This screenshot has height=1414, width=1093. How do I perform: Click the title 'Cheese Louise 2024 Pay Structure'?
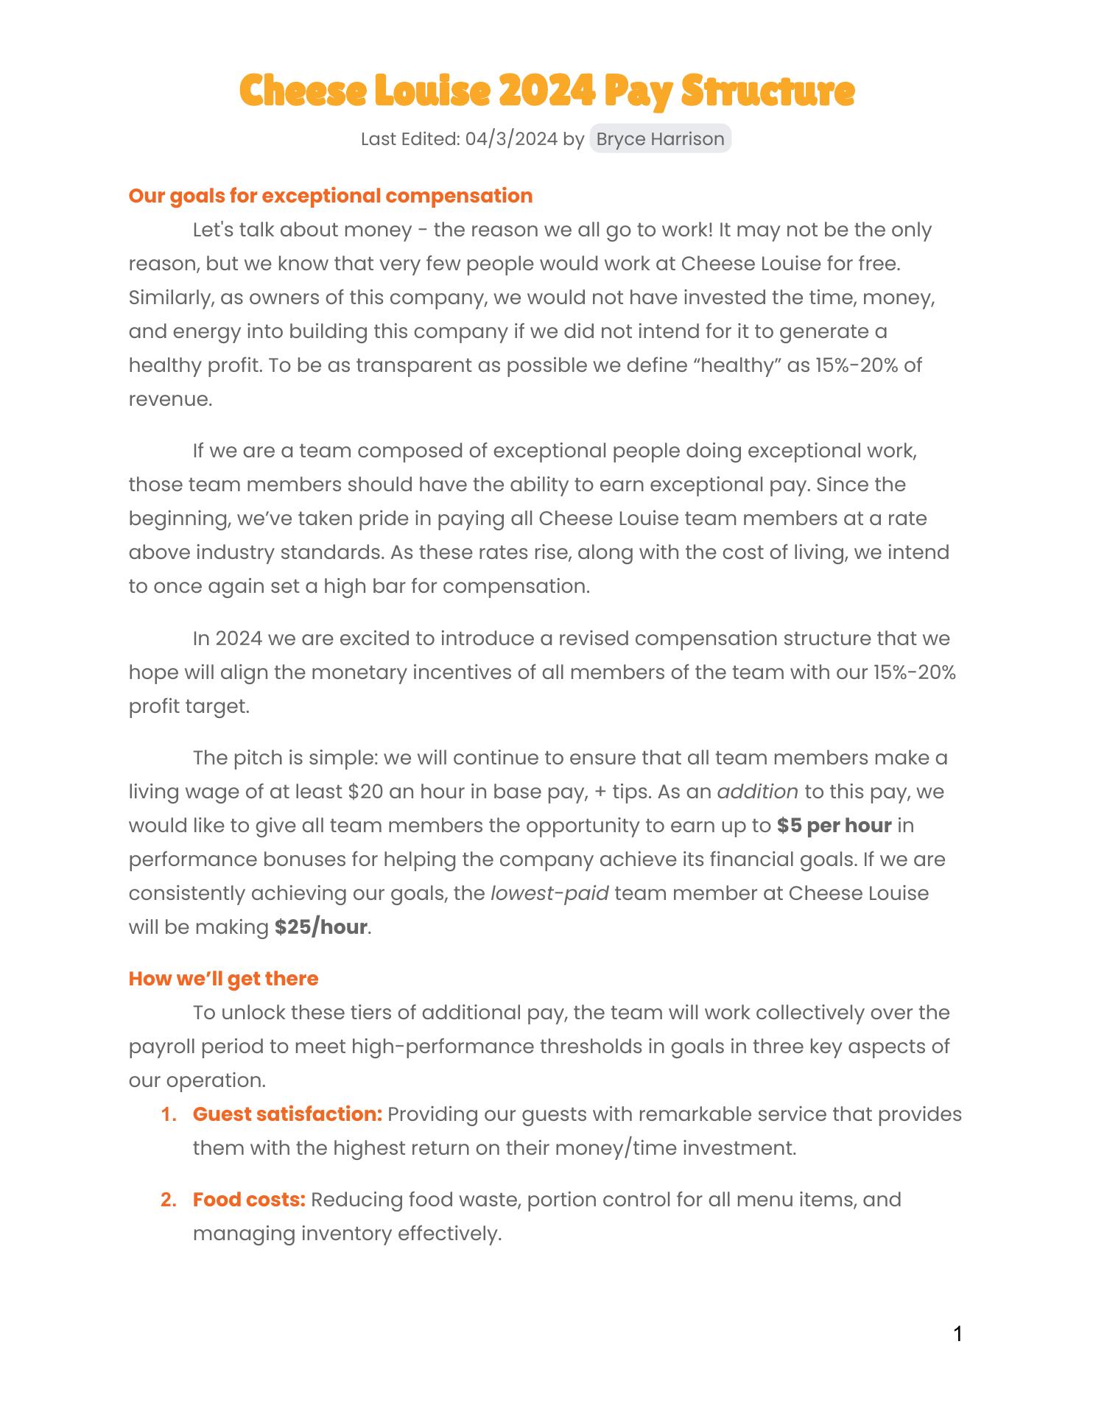pos(546,91)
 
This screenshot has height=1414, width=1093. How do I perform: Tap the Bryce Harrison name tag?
pos(660,139)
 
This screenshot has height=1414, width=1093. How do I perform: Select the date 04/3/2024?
pos(511,139)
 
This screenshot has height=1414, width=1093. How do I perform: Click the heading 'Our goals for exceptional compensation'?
pos(330,196)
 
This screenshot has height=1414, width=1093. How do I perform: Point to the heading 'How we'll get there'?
pos(223,979)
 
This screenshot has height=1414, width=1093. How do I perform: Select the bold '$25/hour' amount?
pos(320,927)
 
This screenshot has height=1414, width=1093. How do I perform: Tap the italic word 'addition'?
pos(757,792)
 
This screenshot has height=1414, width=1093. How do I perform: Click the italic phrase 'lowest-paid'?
pos(549,893)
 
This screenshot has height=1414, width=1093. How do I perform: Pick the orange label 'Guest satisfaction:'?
pos(287,1114)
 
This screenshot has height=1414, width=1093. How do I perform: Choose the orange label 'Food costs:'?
pos(249,1200)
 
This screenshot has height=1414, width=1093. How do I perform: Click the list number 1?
pos(169,1114)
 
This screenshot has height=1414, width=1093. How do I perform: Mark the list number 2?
pos(169,1200)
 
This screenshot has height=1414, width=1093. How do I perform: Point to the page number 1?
pos(957,1334)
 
